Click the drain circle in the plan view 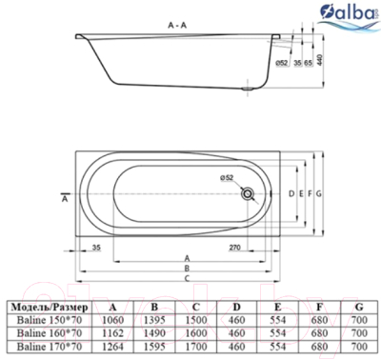coord(250,192)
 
